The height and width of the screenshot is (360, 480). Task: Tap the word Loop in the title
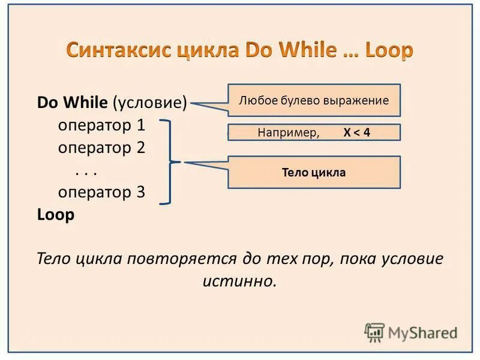click(x=385, y=50)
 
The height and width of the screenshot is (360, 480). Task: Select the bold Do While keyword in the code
click(x=73, y=102)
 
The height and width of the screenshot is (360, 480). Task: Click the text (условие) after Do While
click(x=150, y=102)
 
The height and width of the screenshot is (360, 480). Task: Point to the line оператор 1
click(x=101, y=125)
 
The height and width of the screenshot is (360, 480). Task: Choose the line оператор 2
click(x=101, y=148)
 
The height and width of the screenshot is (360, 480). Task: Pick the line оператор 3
click(x=101, y=192)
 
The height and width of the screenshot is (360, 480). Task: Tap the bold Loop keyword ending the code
click(x=56, y=215)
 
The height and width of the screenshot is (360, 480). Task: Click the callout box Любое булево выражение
click(x=314, y=100)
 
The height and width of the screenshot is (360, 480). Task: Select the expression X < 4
click(x=356, y=133)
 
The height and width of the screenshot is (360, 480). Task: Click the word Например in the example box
click(x=288, y=133)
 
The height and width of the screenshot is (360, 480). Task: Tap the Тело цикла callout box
click(x=314, y=173)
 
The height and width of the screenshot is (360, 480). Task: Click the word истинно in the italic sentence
click(x=239, y=280)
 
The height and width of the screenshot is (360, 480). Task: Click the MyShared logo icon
click(x=374, y=332)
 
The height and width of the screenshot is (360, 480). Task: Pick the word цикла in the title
click(x=208, y=50)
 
